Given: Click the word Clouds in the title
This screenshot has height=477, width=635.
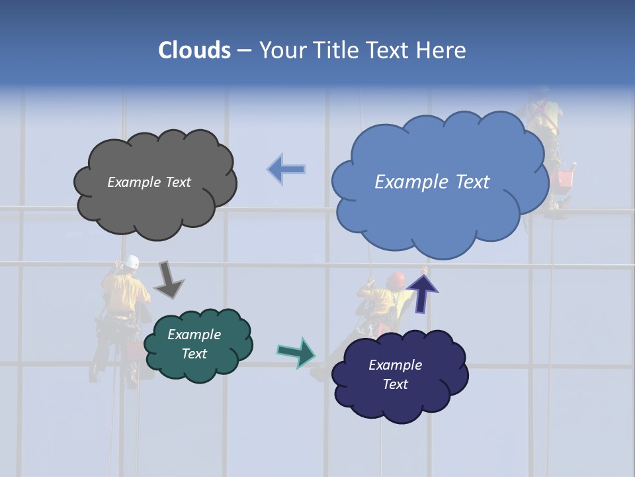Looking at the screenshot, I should pos(194,50).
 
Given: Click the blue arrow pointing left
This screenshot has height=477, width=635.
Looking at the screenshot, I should pos(286,170).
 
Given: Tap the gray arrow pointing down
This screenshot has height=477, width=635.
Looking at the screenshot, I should pos(168,280).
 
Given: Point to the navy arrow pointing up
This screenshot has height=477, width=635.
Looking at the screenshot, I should pos(422,292).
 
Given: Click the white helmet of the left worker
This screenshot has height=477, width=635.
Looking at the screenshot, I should pos(133,262).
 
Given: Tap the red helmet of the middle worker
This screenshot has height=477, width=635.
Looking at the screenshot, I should pos(396,279).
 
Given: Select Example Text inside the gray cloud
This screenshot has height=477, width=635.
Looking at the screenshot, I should pos(149,182).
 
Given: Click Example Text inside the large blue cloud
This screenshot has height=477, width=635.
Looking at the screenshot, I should pos(432,182).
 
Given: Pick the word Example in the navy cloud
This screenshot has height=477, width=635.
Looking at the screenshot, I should pos(395,365).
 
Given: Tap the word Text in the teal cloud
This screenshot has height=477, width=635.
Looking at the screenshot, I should pos(194,354).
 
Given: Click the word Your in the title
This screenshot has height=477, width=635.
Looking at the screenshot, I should pos(279,50).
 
